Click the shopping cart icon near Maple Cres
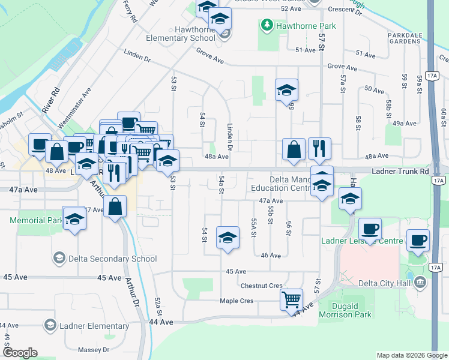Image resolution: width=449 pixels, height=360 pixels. [292, 298]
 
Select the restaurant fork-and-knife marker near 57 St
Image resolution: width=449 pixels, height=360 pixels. [320, 148]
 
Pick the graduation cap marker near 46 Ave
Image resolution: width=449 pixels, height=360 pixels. [228, 238]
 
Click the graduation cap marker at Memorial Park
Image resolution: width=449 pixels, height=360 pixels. [75, 218]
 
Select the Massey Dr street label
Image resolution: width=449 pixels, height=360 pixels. [94, 349]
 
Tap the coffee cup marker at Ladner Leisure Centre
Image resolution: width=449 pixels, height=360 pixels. [370, 228]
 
